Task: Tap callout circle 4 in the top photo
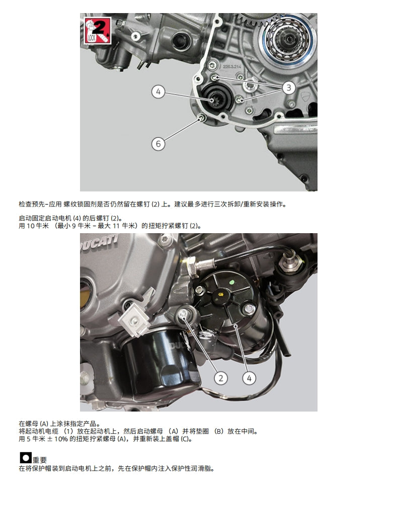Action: pyautogui.click(x=158, y=92)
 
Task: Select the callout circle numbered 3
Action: pyautogui.click(x=288, y=88)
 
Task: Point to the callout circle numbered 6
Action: pyautogui.click(x=158, y=144)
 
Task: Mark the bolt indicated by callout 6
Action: pyautogui.click(x=202, y=118)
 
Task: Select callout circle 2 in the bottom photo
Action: pyautogui.click(x=220, y=377)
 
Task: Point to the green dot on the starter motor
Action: pyautogui.click(x=231, y=282)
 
